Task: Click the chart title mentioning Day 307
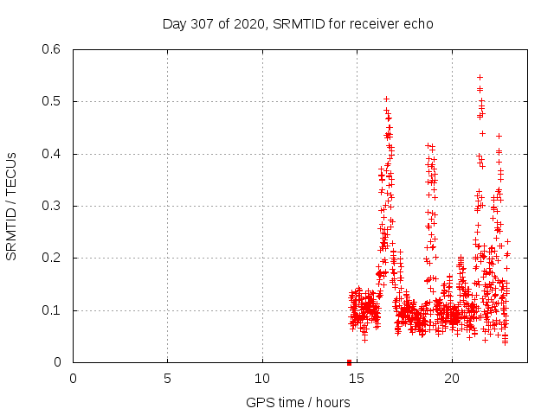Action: tap(298, 23)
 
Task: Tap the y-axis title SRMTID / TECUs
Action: tap(11, 206)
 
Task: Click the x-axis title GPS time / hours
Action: tap(298, 402)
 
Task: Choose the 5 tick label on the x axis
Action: tap(167, 379)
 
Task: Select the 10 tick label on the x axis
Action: tap(262, 379)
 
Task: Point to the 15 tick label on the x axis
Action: tap(357, 379)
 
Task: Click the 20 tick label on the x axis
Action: tap(452, 379)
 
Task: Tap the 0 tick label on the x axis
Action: tap(73, 379)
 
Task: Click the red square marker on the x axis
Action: tap(349, 362)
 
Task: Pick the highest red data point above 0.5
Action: tap(480, 77)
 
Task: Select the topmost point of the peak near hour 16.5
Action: tap(386, 99)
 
